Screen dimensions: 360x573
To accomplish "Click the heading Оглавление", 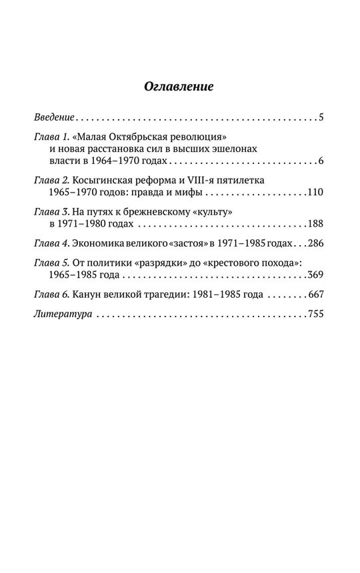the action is (x=179, y=87).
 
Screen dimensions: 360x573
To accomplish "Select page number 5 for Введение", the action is (x=321, y=118).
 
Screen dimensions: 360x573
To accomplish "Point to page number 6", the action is (x=321, y=162).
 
